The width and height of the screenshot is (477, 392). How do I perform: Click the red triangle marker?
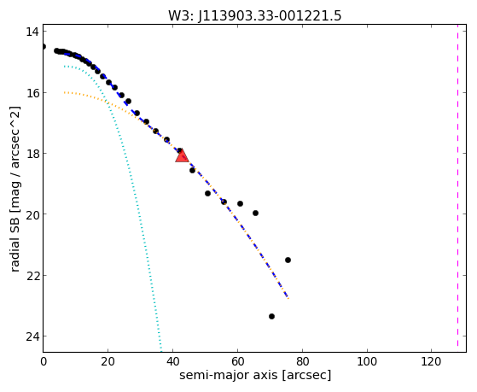pos(182,156)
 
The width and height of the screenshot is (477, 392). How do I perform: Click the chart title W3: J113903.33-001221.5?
pos(254,15)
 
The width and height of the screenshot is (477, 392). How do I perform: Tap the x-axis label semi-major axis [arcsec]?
pos(255,375)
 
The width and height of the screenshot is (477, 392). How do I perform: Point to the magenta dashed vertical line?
pos(457,188)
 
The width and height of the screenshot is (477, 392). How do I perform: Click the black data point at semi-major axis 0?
pos(44,47)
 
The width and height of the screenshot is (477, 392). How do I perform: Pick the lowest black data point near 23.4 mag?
pos(271,317)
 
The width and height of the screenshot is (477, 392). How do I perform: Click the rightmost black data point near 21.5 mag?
pos(288,260)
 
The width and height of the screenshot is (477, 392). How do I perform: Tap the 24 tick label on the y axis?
pos(32,336)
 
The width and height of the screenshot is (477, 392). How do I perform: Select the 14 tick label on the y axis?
pos(32,32)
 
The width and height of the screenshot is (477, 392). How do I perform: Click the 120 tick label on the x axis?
pos(432,361)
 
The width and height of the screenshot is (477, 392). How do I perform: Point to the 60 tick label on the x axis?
pos(237,361)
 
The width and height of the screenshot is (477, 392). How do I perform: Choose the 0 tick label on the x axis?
pos(44,361)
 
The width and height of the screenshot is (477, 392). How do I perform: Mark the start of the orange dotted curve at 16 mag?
pos(65,92)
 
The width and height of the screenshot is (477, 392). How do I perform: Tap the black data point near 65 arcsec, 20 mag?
pos(255,214)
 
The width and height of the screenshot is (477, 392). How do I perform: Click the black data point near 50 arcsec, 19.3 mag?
pos(207,193)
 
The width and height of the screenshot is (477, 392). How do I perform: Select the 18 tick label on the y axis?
pos(32,153)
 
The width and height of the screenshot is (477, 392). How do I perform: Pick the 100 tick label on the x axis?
pos(367,361)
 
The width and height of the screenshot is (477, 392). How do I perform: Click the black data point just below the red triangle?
pos(192,171)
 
